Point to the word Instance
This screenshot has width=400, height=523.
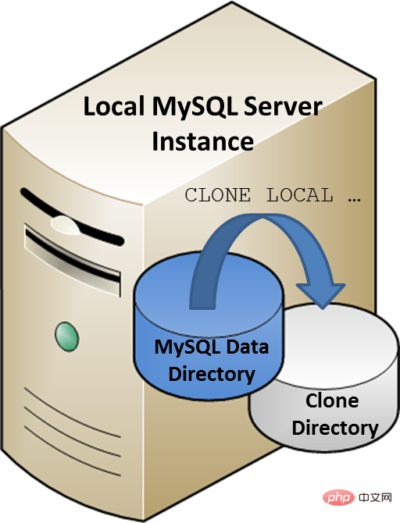(202, 141)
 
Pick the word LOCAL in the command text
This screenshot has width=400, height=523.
(300, 195)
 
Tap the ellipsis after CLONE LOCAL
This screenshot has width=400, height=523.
(354, 198)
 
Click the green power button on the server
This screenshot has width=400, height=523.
(67, 336)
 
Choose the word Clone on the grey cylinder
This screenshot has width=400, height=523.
(332, 401)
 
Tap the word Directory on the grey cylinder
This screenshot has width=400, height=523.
(334, 428)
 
